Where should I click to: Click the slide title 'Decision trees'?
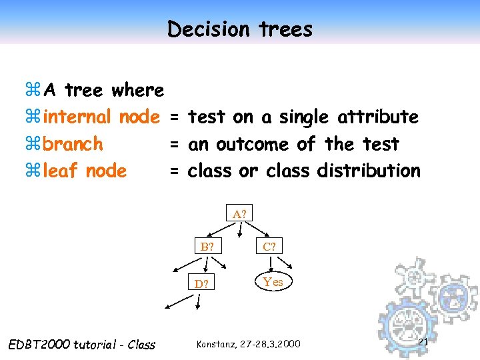(x=239, y=29)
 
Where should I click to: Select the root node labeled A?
(x=239, y=214)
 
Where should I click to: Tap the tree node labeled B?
(x=207, y=247)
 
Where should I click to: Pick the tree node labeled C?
(x=269, y=247)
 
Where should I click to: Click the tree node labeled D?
(x=201, y=284)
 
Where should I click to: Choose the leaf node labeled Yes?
(x=273, y=282)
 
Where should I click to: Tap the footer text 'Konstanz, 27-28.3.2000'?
(x=248, y=344)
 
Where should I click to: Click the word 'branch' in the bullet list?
(x=73, y=144)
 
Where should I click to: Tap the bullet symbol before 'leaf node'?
(x=33, y=171)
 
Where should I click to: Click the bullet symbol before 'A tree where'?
(x=33, y=90)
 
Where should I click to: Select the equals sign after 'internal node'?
(x=174, y=118)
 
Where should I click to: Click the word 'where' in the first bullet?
(x=138, y=90)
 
